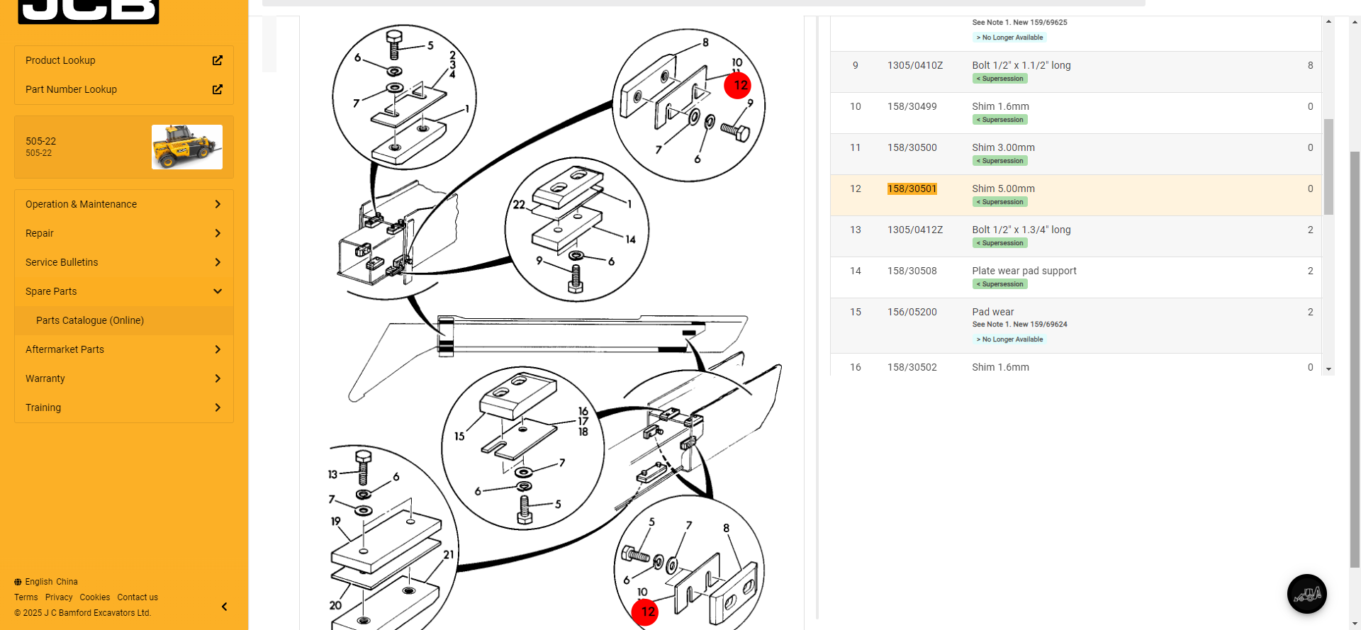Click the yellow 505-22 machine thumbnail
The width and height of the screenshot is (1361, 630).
point(187,147)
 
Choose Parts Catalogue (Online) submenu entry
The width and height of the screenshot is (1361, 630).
point(90,320)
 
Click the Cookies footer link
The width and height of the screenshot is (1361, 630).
point(94,597)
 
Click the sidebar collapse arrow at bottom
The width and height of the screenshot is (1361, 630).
point(224,607)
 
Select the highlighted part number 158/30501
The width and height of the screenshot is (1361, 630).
point(912,189)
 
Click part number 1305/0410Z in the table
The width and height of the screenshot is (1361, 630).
point(914,65)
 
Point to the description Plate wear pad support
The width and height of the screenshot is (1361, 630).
point(1024,271)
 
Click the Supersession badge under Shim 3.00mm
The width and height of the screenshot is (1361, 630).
point(999,161)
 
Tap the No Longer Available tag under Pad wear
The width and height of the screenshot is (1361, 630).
point(1009,339)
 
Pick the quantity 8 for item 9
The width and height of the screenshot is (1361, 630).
point(1310,65)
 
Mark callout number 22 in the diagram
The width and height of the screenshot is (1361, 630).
point(519,205)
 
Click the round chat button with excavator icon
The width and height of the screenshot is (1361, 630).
point(1306,594)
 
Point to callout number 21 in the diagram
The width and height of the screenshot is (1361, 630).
point(449,555)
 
